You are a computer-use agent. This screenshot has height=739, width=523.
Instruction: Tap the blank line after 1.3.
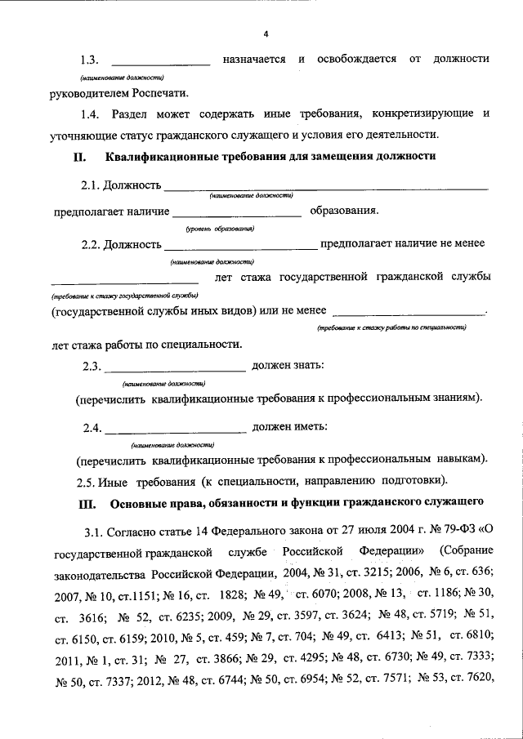click(160, 63)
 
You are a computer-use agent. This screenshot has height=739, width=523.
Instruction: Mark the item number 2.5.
click(87, 479)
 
